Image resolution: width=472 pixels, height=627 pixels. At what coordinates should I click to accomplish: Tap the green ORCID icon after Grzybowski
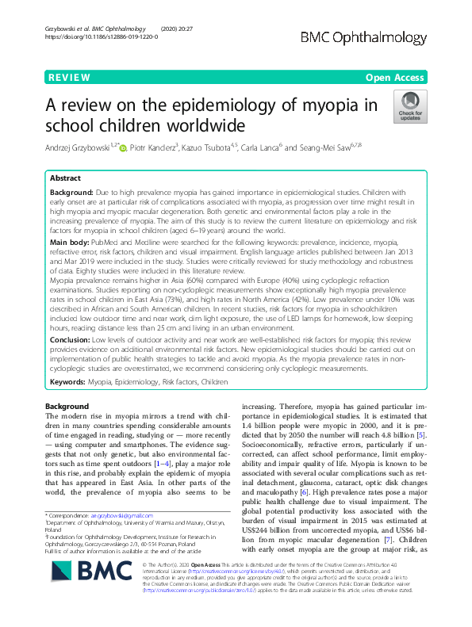123,148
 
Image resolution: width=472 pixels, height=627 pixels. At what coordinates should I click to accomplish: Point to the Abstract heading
66,178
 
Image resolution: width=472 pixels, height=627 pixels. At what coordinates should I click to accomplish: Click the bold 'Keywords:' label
69,381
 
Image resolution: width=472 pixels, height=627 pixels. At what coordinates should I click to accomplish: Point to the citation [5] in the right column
425,436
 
